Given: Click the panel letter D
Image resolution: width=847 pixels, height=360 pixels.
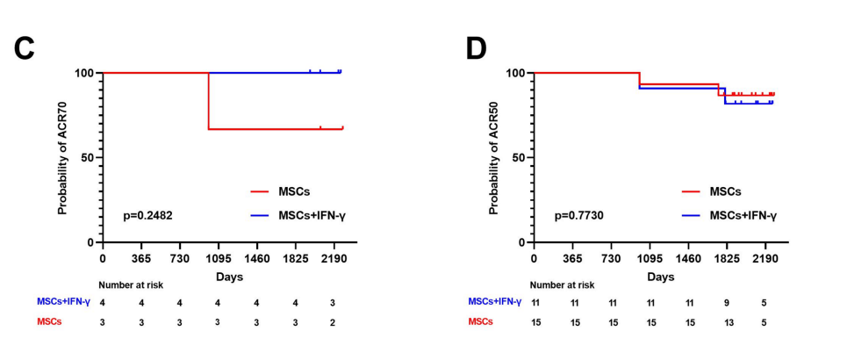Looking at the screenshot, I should (475, 48).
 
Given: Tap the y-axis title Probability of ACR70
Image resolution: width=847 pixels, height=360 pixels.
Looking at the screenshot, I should (62, 156).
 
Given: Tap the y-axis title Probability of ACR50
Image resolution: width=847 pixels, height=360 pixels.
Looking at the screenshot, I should (493, 156).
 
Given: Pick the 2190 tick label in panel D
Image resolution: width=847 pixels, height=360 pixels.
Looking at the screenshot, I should (765, 259).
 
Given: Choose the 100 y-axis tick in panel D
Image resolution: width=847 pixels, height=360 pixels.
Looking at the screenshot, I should (516, 73).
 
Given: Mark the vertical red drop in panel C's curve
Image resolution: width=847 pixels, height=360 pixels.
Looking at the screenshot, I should (208, 101).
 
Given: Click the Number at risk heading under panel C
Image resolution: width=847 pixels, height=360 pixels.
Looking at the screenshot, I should (131, 284).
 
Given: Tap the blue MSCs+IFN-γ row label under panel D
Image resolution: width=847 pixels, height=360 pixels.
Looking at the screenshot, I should (495, 302).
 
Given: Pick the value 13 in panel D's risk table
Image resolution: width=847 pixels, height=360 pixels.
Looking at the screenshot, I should (727, 321).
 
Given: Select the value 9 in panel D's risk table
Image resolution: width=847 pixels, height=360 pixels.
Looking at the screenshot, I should (727, 302).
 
